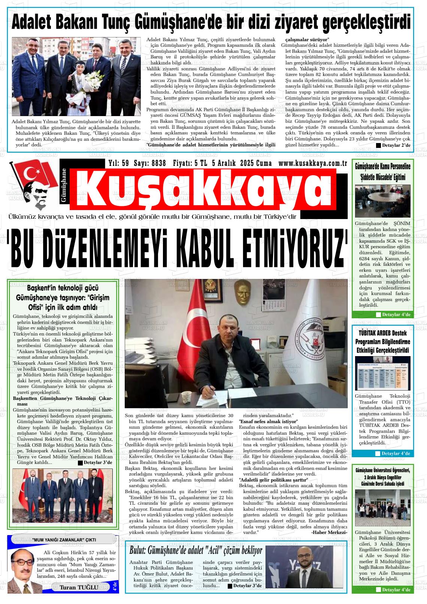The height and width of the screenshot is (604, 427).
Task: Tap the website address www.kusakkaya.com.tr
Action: [x=313, y=163]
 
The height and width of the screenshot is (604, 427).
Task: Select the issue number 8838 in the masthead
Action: [x=154, y=163]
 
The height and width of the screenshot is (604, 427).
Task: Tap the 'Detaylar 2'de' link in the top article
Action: [x=393, y=145]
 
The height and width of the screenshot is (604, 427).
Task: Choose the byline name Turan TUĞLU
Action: [x=79, y=587]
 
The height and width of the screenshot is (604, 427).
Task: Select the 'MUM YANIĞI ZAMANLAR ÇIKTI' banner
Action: [x=64, y=540]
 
